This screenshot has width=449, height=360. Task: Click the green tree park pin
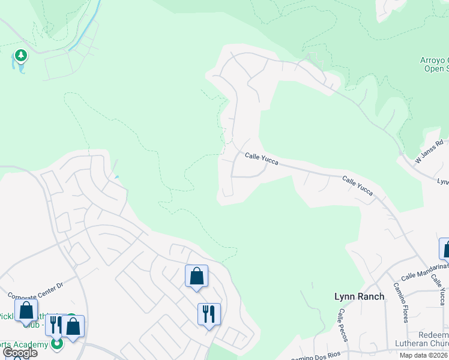click(22, 56)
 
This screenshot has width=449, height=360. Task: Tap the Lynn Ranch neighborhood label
click(359, 296)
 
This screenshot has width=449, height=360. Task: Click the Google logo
click(20, 353)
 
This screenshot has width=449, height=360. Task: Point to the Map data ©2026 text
click(423, 355)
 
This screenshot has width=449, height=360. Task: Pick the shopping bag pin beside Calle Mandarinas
click(445, 248)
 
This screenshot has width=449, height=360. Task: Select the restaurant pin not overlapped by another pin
click(209, 314)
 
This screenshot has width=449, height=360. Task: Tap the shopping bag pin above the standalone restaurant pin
click(196, 276)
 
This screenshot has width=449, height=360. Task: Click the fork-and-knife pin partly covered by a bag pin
click(54, 325)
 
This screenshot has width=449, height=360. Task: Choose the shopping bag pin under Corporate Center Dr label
click(26, 311)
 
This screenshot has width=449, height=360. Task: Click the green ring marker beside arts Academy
click(57, 344)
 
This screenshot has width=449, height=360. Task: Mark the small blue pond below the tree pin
click(22, 68)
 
